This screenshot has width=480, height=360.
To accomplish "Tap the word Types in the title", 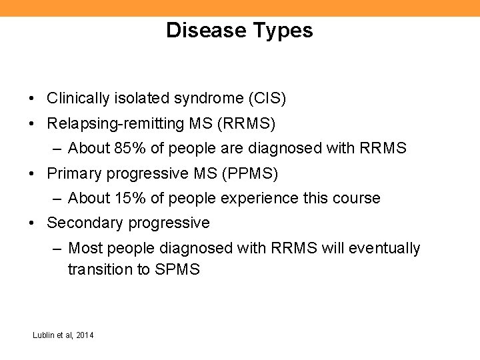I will [x=283, y=31].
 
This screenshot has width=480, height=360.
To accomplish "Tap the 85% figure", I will [x=129, y=148].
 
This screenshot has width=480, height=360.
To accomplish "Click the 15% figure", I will [x=129, y=198].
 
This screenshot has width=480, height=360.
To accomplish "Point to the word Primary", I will [x=71, y=173].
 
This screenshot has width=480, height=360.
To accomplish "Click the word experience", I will [x=243, y=198].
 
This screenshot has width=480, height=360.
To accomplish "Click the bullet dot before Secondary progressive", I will [x=32, y=223].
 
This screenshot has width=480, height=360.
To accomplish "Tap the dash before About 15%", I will [x=58, y=198].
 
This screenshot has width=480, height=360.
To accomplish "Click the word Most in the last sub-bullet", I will [x=83, y=249].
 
